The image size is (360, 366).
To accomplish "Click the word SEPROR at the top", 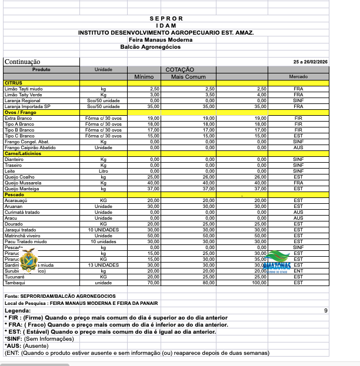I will click(166, 19).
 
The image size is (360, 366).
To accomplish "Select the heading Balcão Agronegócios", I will click(151, 46).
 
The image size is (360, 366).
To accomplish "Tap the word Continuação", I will click(22, 61).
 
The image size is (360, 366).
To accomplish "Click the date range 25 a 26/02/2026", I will click(311, 62).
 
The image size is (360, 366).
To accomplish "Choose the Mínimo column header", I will click(144, 77).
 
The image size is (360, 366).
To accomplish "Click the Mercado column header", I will click(298, 77).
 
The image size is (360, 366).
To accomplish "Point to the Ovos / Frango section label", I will click(21, 112).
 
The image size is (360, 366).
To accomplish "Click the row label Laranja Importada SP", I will click(27, 106).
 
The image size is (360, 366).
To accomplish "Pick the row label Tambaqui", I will click(14, 283).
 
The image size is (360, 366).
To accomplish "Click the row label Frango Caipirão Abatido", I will click(30, 147).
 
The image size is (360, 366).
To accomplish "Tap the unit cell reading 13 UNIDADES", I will click(104, 265).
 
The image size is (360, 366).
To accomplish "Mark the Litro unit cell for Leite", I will click(104, 171).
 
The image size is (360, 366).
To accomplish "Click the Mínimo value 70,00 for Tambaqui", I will click(154, 283).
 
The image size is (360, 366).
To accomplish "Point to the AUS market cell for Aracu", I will click(298, 218).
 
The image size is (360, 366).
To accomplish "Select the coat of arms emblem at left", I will click(28, 260).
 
